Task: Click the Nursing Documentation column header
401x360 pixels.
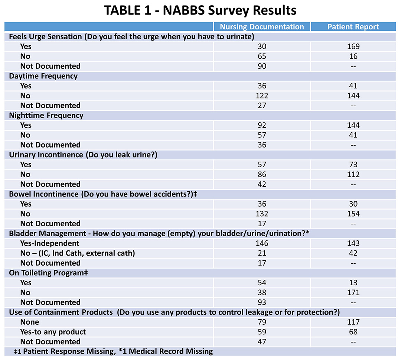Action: (262, 27)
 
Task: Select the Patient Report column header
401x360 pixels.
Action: (353, 27)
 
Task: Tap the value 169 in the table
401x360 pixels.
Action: (353, 46)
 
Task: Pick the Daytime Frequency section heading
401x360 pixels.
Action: (43, 76)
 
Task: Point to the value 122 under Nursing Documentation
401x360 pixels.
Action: (262, 96)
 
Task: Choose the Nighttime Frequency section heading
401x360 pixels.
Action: (46, 116)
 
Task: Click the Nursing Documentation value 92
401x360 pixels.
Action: (262, 125)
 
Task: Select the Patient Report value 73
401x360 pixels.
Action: (353, 165)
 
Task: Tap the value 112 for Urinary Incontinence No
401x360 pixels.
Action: (353, 175)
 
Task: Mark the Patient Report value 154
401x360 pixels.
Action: (353, 214)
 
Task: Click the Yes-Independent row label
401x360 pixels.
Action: (50, 243)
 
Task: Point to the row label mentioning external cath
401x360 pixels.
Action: (78, 253)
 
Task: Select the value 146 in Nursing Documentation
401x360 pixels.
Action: (262, 243)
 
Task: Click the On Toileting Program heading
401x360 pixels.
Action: (48, 273)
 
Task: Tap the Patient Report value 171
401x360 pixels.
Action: (353, 292)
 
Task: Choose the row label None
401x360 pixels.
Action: (30, 322)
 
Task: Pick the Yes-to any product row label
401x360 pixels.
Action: (53, 332)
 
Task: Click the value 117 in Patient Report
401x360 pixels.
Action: (353, 322)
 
